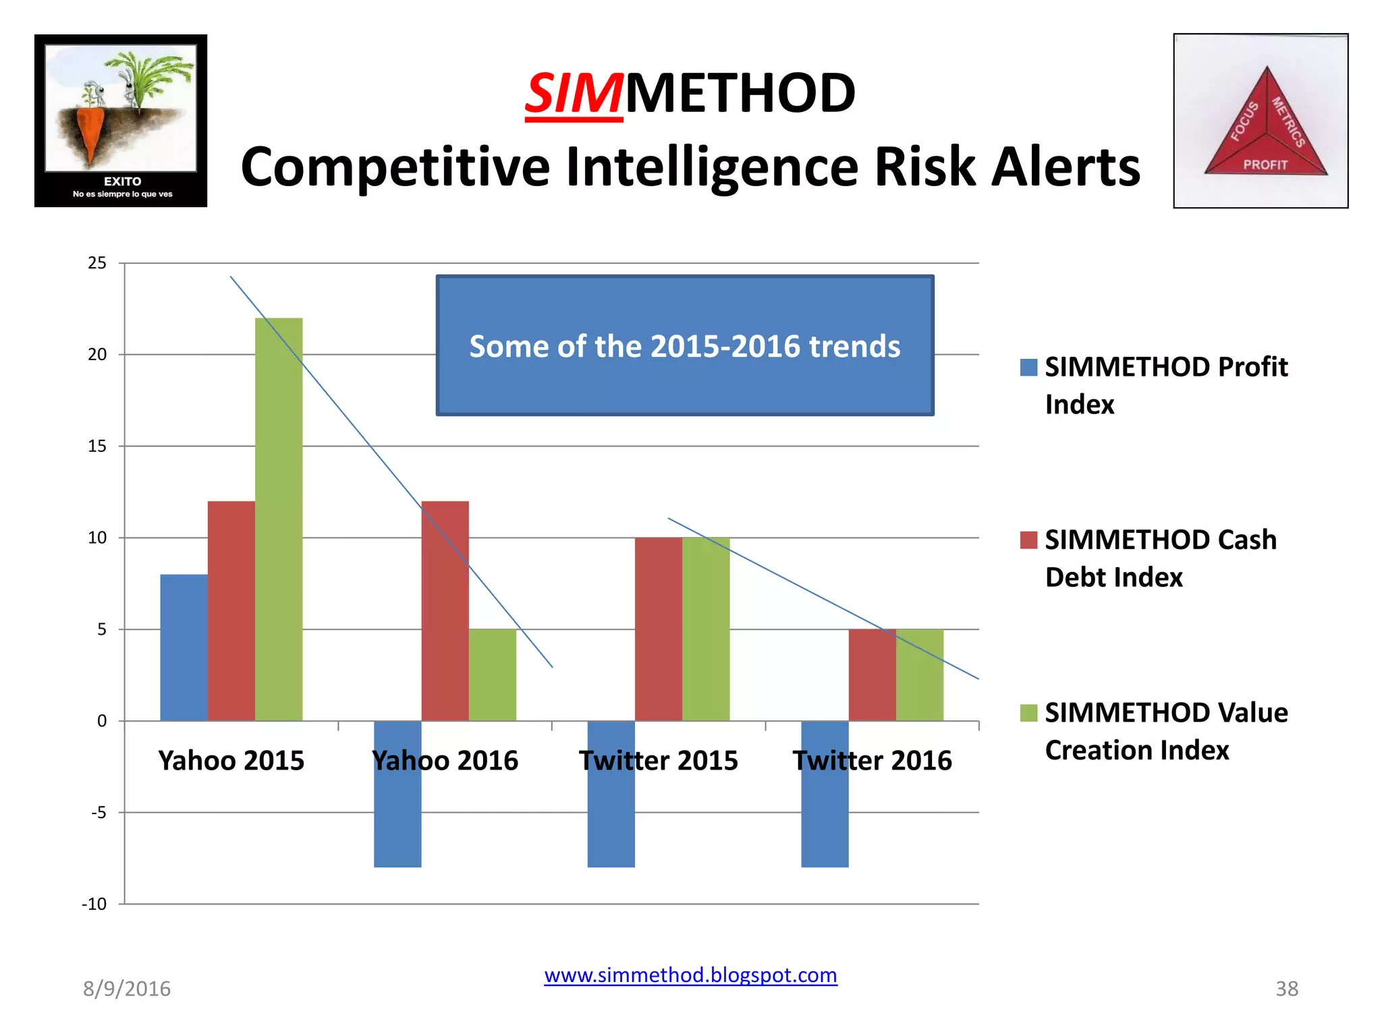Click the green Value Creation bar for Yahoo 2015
279,519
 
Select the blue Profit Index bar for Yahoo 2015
184,647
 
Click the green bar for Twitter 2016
919,674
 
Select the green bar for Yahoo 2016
492,674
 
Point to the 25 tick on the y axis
97,263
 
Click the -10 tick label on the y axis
94,904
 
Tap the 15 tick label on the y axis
97,447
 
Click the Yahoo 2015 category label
231,761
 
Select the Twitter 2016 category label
872,761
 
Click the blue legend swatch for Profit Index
1028,367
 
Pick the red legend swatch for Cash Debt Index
1028,540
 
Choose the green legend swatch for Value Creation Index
1028,713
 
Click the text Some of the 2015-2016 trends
684,346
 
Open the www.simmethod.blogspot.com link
690,975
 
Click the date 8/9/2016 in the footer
127,989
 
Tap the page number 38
1286,989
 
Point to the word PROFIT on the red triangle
1265,165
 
